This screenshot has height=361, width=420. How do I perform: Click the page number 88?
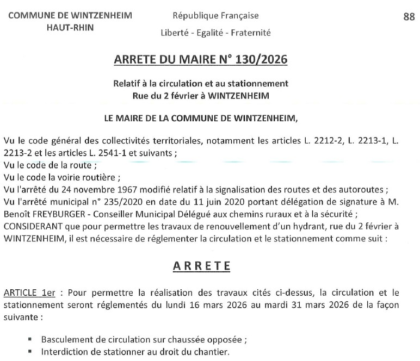point(409,17)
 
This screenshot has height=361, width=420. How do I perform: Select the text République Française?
point(215,16)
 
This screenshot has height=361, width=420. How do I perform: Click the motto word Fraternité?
point(251,33)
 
